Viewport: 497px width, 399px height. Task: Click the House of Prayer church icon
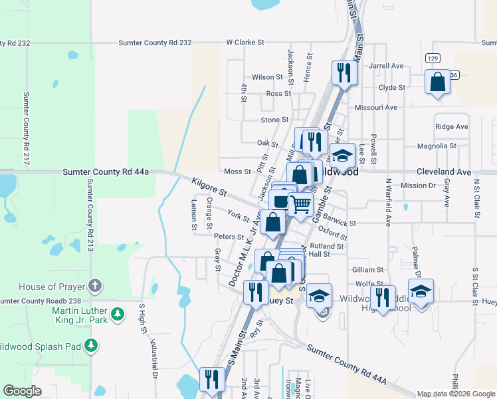click(95, 287)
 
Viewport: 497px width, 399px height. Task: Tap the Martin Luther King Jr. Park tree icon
click(118, 313)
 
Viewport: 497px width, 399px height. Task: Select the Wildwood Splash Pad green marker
click(92, 346)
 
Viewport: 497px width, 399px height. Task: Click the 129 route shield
click(433, 59)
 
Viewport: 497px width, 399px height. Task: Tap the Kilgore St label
click(209, 186)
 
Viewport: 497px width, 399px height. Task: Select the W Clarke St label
click(245, 43)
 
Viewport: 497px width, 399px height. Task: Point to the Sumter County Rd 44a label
click(106, 172)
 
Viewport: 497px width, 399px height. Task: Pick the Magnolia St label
click(437, 146)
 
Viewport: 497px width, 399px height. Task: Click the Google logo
click(22, 392)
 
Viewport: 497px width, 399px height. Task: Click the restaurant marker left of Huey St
click(254, 291)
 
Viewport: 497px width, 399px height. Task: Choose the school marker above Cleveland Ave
click(342, 157)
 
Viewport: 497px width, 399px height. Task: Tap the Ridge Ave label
click(452, 126)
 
